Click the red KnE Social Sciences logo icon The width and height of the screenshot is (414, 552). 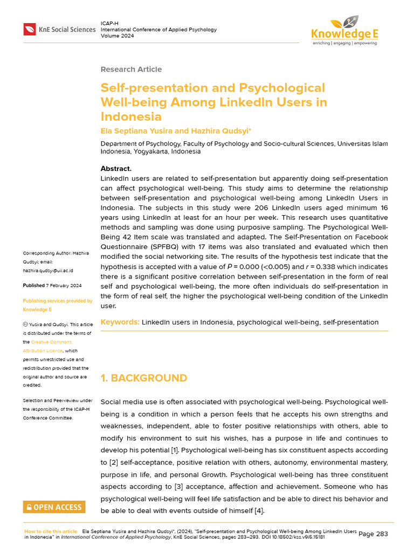coord(29,30)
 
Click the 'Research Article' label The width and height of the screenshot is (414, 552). coord(131,69)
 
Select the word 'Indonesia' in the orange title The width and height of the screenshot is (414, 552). coord(131,116)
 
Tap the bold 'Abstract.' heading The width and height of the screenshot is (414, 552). coord(116,169)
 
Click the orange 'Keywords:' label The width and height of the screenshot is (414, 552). coord(120,322)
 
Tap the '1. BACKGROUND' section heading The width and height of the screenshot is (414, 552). coord(144,378)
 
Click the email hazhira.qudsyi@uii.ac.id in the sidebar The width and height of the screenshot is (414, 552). coord(48,270)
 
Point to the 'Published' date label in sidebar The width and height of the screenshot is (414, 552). coord(34,285)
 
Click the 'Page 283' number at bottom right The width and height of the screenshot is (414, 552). coord(373,534)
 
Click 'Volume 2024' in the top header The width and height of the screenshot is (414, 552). coord(118,36)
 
